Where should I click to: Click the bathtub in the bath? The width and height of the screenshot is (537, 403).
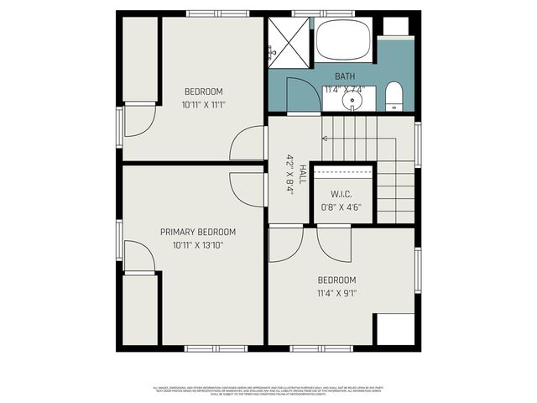tap(343, 40)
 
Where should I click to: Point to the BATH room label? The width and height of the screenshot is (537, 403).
tap(345, 76)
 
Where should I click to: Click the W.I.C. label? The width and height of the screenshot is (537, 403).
tap(341, 195)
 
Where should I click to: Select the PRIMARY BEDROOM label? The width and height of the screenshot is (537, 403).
tap(198, 232)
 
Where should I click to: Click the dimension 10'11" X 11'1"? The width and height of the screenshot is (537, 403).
tap(204, 106)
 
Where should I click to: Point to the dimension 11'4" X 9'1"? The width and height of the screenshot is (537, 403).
tap(336, 294)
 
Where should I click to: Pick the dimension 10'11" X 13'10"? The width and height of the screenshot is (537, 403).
tap(198, 246)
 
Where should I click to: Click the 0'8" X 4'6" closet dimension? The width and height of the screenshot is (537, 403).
tap(341, 209)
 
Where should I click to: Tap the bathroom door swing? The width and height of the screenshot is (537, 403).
tap(301, 96)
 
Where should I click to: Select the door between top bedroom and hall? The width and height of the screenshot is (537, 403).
tap(249, 143)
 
